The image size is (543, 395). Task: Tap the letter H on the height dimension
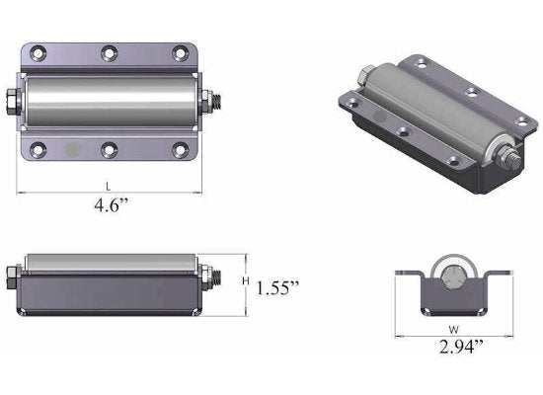click(x=245, y=281)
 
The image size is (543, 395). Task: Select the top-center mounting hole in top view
click(x=109, y=52)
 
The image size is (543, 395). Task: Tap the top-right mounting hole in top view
click(x=180, y=52)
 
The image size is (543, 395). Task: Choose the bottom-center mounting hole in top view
click(x=109, y=150)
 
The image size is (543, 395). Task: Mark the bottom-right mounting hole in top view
click(x=180, y=150)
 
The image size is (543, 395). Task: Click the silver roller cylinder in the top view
click(x=109, y=101)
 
